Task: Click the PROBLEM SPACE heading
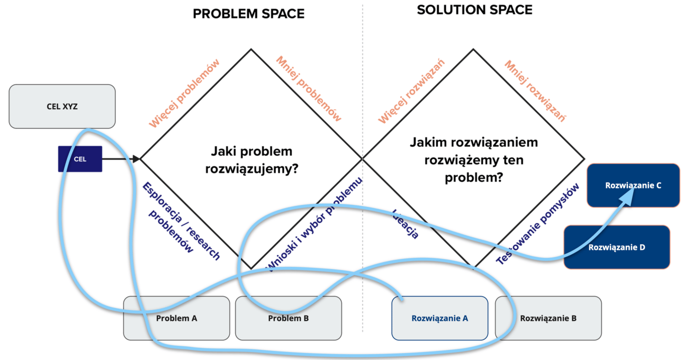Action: (248, 14)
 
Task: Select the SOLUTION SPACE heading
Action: (474, 10)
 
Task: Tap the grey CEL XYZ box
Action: (62, 106)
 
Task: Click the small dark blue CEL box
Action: (80, 159)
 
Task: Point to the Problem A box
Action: (176, 318)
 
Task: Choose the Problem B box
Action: (288, 318)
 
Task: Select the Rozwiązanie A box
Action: (439, 318)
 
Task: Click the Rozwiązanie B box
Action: (548, 318)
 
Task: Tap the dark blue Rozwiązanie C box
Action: (633, 185)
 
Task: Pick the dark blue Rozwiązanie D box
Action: (617, 247)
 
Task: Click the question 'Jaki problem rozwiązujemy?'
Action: (251, 159)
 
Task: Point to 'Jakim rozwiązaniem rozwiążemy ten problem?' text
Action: (473, 160)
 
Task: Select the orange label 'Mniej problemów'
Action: (309, 88)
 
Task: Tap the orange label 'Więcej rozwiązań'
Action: (411, 91)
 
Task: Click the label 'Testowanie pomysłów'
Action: (538, 223)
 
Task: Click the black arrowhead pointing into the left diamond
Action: (137, 159)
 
